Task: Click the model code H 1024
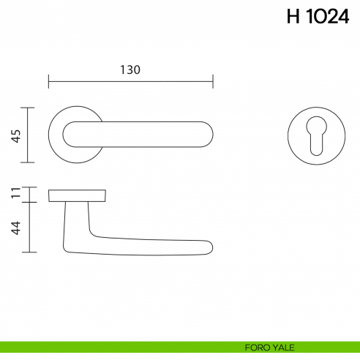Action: (x=318, y=18)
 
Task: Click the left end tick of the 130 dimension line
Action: (x=48, y=80)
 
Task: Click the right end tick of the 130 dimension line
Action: (x=212, y=80)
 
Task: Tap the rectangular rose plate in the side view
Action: (x=77, y=195)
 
